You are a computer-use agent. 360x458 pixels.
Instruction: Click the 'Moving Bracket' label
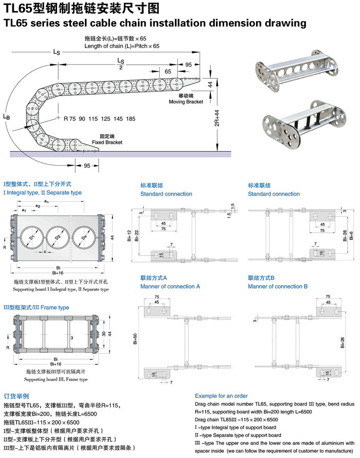(x=186, y=102)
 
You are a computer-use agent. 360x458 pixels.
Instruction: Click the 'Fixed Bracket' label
(x=107, y=142)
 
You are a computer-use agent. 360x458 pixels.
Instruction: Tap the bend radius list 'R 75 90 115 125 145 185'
(x=99, y=119)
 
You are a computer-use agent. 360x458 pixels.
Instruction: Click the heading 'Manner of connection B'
(x=278, y=286)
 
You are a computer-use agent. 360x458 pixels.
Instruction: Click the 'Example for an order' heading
(x=222, y=396)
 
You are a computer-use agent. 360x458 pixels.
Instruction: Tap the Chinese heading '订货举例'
(x=16, y=396)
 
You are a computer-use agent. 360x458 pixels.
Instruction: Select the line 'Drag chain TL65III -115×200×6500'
(x=236, y=420)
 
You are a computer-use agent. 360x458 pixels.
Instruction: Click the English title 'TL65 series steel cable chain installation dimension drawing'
(x=155, y=23)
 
